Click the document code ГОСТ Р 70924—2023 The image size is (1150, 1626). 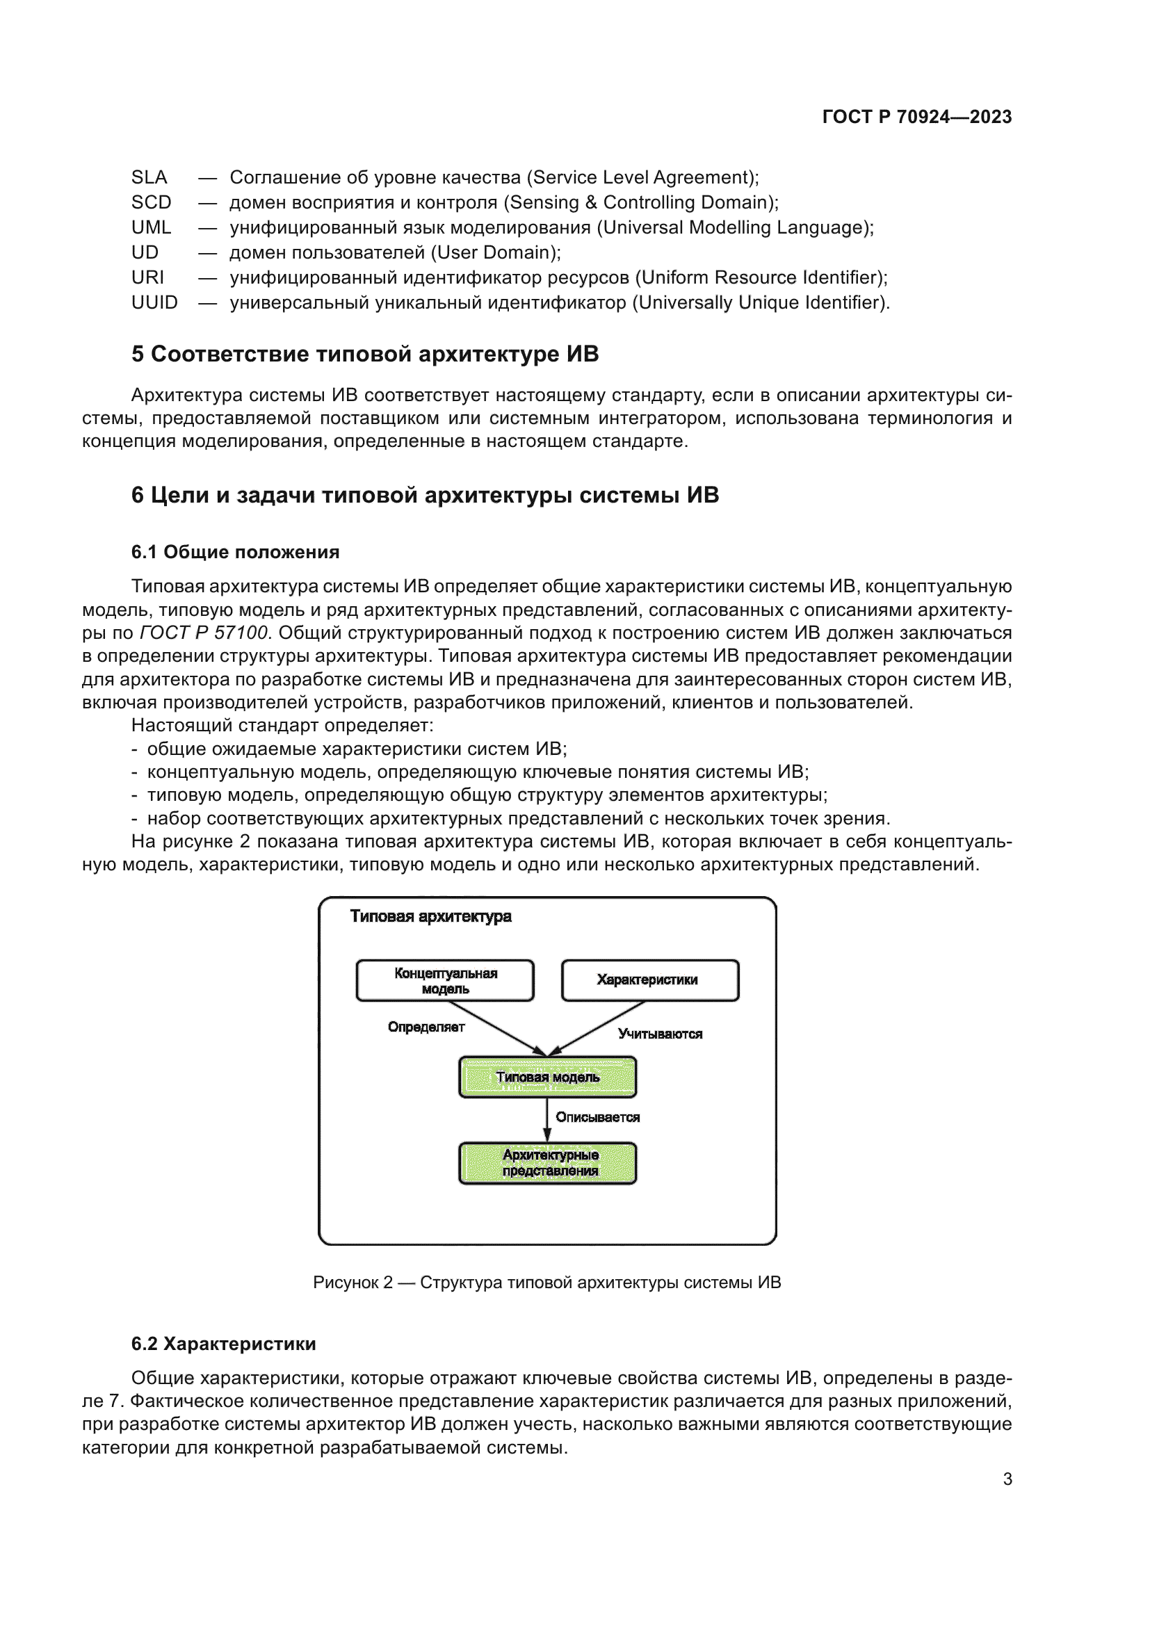pos(916,117)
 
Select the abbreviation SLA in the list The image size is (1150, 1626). pos(149,177)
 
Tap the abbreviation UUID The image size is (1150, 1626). pos(154,302)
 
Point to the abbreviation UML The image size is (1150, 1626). pos(152,227)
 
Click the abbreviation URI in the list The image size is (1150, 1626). pos(147,277)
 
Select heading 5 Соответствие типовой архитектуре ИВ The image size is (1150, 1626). pos(365,354)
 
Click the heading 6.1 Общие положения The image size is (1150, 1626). pos(235,552)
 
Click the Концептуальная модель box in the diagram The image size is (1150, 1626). pos(445,980)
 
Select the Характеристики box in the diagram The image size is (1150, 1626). pos(649,980)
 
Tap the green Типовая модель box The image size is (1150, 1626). pos(547,1077)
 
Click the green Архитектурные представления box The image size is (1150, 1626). pos(547,1162)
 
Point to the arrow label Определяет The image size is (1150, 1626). pos(426,1027)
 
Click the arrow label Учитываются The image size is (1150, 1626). pos(660,1034)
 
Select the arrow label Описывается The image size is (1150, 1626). pos(598,1117)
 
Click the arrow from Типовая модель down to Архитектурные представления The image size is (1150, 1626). pos(547,1119)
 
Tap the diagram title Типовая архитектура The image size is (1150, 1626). pos(430,916)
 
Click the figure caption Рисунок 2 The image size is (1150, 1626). pos(546,1283)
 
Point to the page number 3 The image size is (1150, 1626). pos(1007,1479)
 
